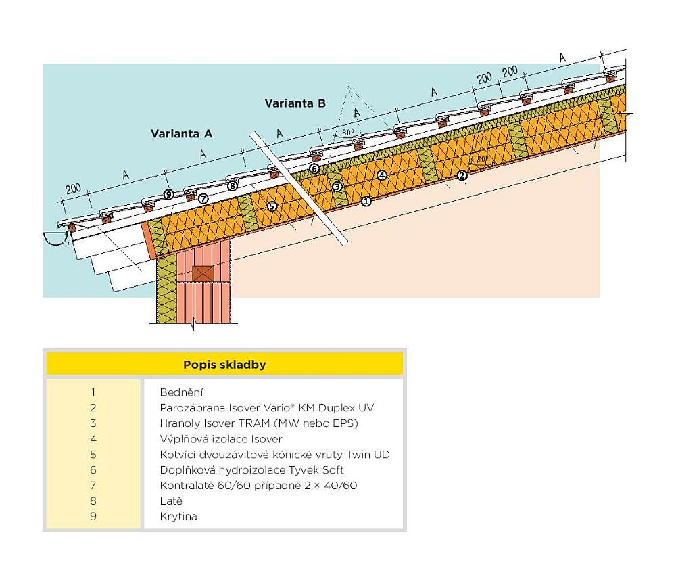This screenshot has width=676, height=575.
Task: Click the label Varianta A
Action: pyautogui.click(x=181, y=134)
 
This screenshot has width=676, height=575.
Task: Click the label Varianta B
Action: pyautogui.click(x=295, y=103)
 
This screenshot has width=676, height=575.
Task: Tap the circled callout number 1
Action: pyautogui.click(x=366, y=201)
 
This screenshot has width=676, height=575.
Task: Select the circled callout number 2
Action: pyautogui.click(x=462, y=175)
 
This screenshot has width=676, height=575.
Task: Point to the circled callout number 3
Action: pyautogui.click(x=337, y=186)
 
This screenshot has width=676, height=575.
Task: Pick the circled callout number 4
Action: pyautogui.click(x=382, y=175)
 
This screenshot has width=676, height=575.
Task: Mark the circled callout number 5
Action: pyautogui.click(x=272, y=206)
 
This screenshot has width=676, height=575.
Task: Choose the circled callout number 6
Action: pyautogui.click(x=314, y=168)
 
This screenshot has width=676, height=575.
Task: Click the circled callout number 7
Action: pyautogui.click(x=203, y=198)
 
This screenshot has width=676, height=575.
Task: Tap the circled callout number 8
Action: pyautogui.click(x=232, y=185)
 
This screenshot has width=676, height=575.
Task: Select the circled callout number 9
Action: pyautogui.click(x=168, y=194)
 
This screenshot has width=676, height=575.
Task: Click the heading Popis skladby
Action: pyautogui.click(x=224, y=365)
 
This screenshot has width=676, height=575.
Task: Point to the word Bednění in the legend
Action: pyautogui.click(x=181, y=392)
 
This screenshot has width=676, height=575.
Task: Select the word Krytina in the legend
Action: pyautogui.click(x=178, y=517)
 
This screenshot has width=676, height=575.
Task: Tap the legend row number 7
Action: pyautogui.click(x=93, y=485)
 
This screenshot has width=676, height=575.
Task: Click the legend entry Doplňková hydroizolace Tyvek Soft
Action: pyautogui.click(x=251, y=469)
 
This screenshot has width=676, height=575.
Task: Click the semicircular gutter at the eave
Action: pyautogui.click(x=53, y=237)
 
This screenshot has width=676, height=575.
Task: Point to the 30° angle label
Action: pyautogui.click(x=348, y=133)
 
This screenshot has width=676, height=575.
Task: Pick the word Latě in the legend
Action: pyautogui.click(x=171, y=501)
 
